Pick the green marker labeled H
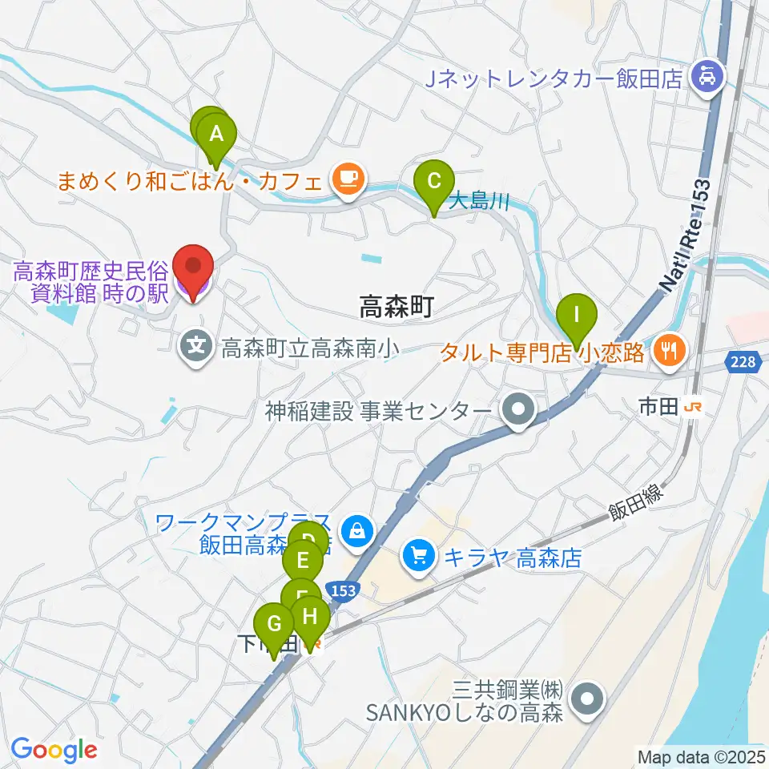click(311, 618)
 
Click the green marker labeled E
click(303, 559)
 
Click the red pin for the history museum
click(193, 268)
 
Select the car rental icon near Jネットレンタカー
click(709, 79)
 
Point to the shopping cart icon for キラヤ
click(419, 557)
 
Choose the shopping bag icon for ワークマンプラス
click(354, 529)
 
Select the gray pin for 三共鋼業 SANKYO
click(589, 699)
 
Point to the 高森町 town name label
click(397, 305)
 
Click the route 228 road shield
click(742, 363)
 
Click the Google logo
click(54, 750)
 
